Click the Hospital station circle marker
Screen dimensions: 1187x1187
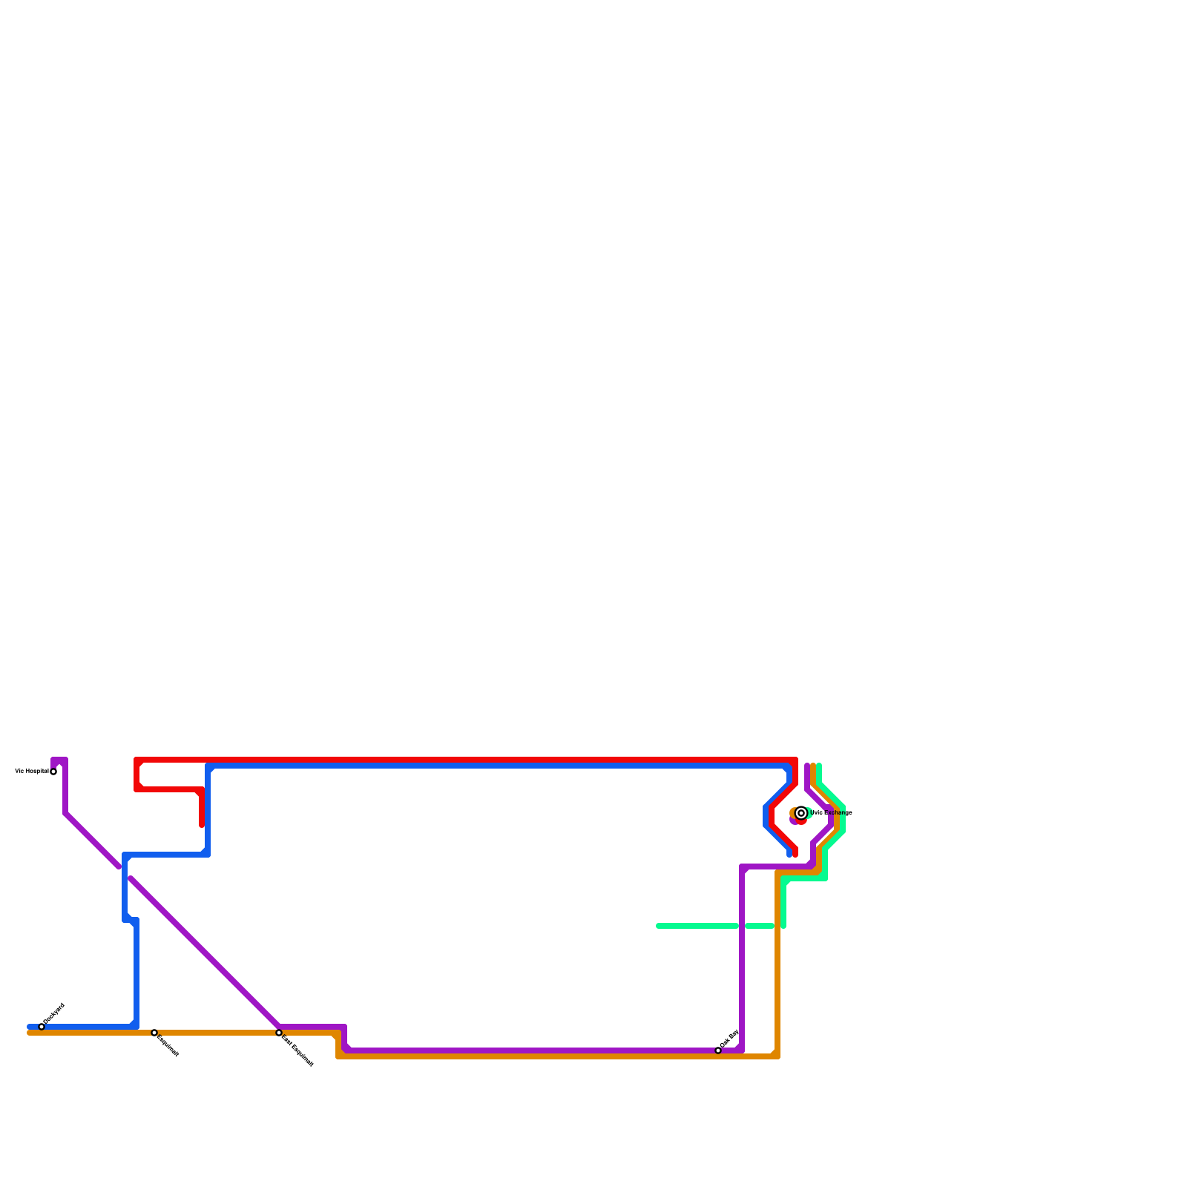[53, 772]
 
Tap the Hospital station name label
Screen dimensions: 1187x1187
[31, 772]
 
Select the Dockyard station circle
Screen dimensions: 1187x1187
[42, 1027]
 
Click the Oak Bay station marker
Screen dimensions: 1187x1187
[718, 1050]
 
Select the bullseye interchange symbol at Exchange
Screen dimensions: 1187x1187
[801, 813]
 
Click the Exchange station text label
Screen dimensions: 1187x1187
[831, 813]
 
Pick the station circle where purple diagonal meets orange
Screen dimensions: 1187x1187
[279, 1033]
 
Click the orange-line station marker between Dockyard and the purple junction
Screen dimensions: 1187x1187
[154, 1033]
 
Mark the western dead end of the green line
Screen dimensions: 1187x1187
[659, 926]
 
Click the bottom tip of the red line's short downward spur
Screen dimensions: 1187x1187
[202, 825]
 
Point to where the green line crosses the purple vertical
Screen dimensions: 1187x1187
[742, 926]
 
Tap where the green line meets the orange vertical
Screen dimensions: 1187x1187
[777, 926]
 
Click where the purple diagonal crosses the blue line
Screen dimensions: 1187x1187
[125, 872]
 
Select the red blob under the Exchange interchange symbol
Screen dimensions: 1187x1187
[801, 821]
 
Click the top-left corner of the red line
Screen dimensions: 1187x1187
[137, 760]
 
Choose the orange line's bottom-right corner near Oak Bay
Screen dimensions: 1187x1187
[777, 1056]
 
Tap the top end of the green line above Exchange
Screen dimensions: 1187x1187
[819, 766]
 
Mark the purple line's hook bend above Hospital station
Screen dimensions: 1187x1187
[59, 760]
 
